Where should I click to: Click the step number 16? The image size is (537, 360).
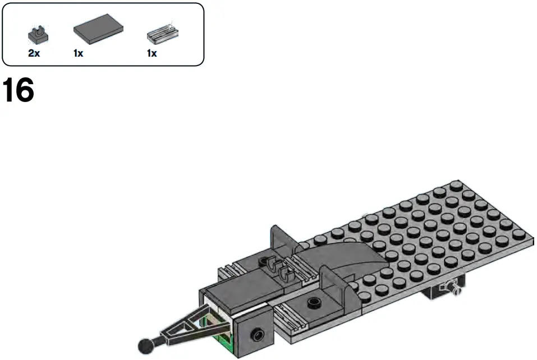click(x=19, y=90)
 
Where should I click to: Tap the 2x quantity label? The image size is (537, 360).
click(x=34, y=54)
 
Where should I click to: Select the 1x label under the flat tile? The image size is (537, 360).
click(x=78, y=54)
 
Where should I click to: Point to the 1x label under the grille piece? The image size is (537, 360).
click(x=152, y=54)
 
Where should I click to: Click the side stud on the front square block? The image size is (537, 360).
click(x=258, y=333)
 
